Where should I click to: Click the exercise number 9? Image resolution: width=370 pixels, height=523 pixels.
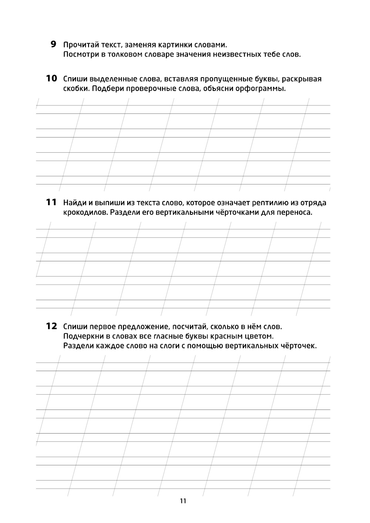point(54,45)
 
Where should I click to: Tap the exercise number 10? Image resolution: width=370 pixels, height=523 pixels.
point(51,78)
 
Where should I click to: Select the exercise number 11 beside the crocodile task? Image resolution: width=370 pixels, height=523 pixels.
point(51,202)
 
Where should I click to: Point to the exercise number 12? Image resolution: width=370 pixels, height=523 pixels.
point(51,326)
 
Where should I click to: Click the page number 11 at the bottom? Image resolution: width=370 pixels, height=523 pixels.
point(183,501)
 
